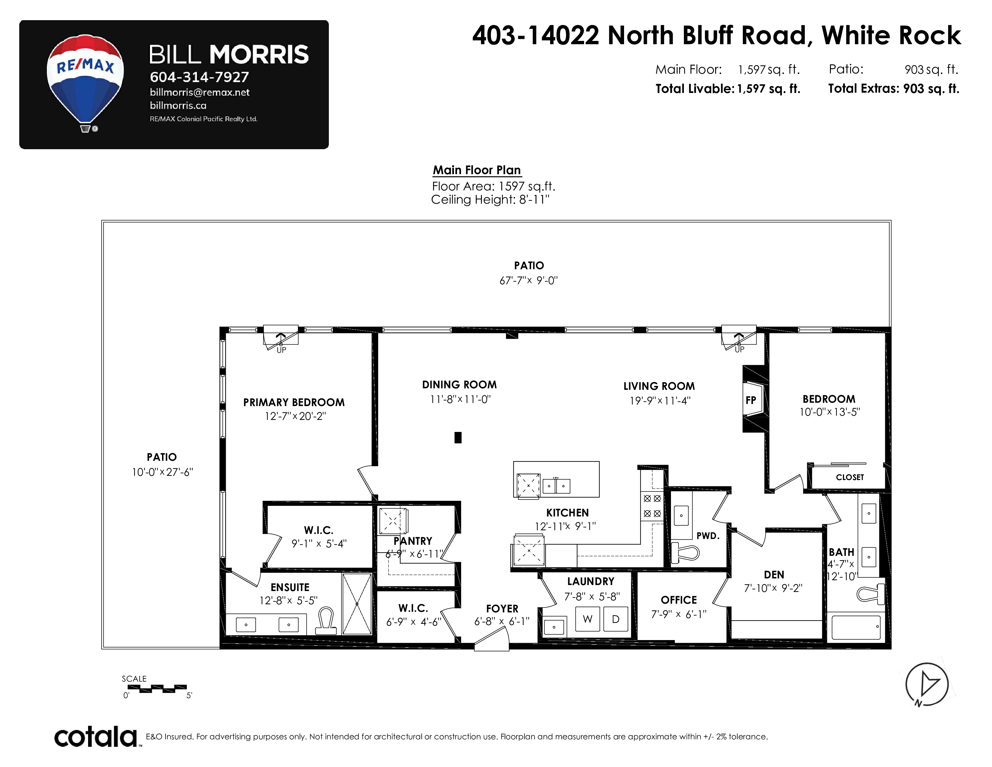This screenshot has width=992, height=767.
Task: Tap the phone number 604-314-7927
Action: tap(199, 77)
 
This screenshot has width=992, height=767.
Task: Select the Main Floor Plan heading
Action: tap(476, 170)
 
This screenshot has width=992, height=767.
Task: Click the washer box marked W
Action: tap(587, 619)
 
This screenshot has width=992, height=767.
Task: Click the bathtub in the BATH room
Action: tap(856, 627)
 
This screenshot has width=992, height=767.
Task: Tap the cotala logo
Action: tap(96, 737)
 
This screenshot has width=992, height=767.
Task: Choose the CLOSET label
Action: tap(850, 477)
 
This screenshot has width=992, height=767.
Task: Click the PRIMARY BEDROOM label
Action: tap(294, 402)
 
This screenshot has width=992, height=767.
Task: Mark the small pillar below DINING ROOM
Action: tap(458, 438)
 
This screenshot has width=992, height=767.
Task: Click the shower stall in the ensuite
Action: tap(357, 604)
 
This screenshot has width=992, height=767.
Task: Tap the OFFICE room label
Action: tap(678, 600)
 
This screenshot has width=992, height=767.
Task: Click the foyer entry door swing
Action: tap(491, 642)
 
